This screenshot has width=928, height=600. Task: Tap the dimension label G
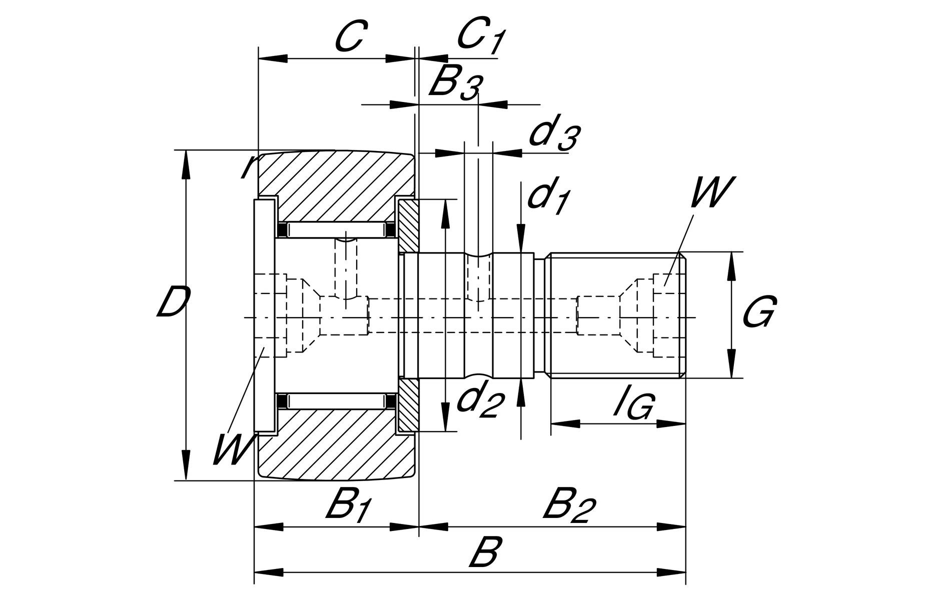point(758,311)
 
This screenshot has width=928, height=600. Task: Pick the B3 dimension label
point(455,83)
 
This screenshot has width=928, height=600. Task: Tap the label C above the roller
point(348,37)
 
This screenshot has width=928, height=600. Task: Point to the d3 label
point(555,135)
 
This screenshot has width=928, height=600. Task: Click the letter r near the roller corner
point(248,166)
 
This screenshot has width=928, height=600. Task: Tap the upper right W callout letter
point(711,192)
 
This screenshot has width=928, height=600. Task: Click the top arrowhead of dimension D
point(186,162)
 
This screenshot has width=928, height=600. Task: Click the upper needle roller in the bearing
point(335,230)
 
